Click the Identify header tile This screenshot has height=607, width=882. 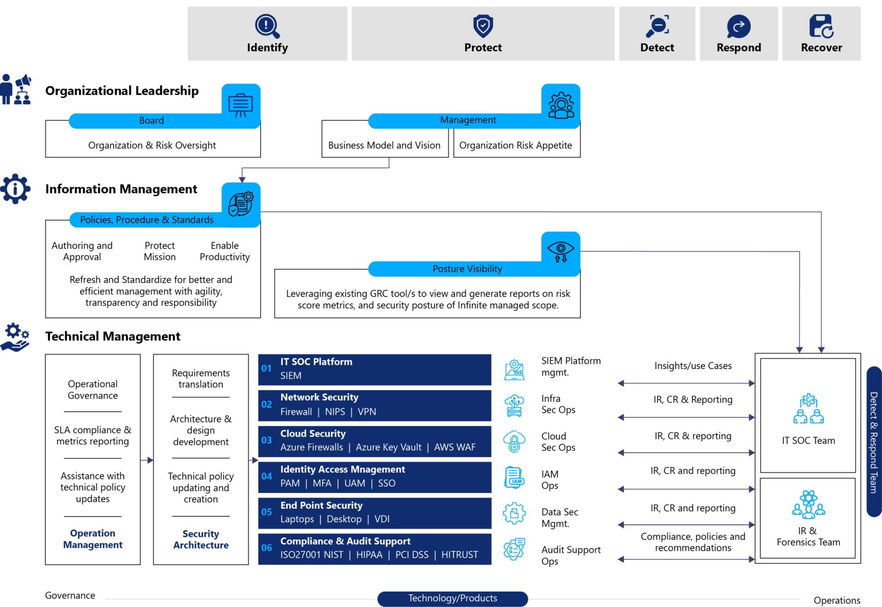tap(267, 34)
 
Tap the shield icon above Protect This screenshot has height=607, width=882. tap(483, 25)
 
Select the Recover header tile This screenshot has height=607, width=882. tap(821, 34)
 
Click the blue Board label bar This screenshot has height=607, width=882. tap(151, 121)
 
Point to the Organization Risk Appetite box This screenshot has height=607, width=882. tap(516, 145)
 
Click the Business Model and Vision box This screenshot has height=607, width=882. tap(384, 145)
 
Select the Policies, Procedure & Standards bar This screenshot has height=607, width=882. tap(146, 220)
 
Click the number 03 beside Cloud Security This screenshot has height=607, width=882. tap(267, 440)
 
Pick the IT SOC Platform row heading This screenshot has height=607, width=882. tap(316, 362)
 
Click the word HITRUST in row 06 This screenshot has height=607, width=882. tap(460, 555)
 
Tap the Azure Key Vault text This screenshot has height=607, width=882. tap(388, 447)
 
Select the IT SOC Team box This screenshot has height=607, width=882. tap(808, 416)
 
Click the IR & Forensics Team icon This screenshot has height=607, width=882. tap(808, 504)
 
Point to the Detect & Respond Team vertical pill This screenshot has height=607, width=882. tap(873, 442)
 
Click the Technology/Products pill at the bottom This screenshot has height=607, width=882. tap(452, 598)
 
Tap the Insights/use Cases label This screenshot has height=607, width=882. tap(693, 366)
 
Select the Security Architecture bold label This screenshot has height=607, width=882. tap(201, 539)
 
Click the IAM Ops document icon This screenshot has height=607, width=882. tap(514, 478)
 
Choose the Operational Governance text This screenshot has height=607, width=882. tap(93, 390)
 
